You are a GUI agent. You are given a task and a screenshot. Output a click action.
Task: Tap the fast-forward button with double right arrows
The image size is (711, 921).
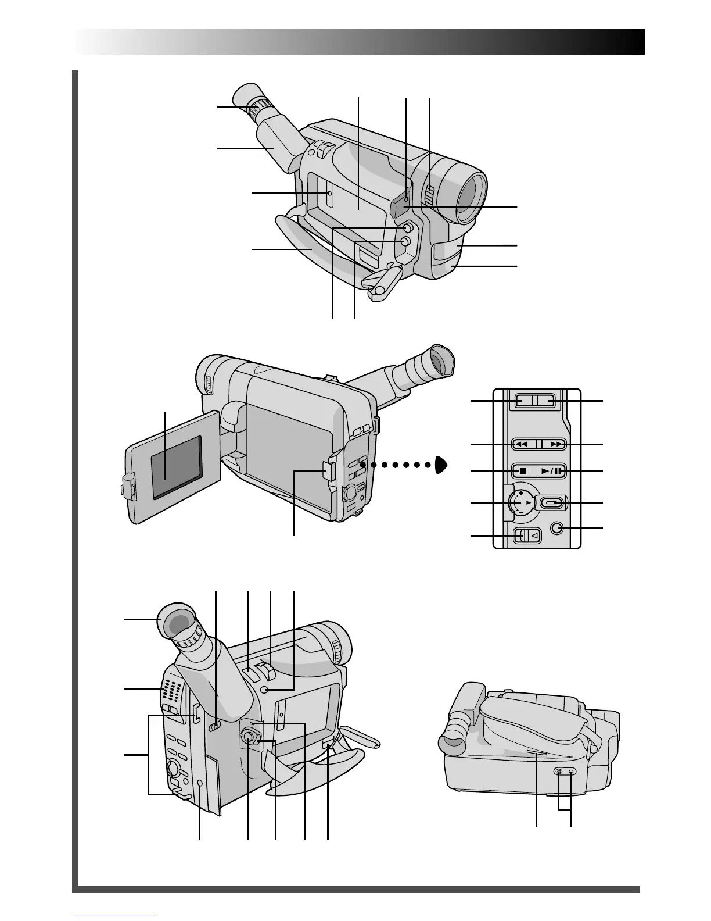tap(555, 444)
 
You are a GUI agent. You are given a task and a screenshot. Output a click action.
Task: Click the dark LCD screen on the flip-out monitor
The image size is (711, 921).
tap(176, 467)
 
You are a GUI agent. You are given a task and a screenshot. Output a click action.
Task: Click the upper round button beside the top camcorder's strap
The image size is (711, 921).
tap(408, 227)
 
